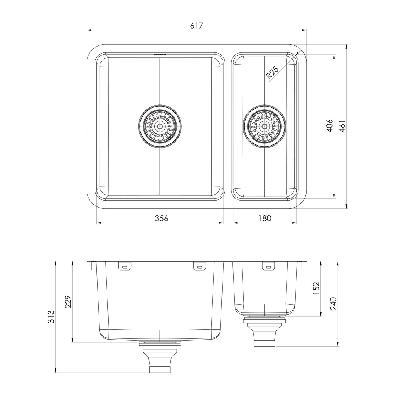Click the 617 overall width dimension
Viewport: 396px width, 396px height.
point(197,25)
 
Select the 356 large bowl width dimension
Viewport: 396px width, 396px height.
point(161,218)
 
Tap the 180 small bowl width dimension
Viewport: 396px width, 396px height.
point(264,218)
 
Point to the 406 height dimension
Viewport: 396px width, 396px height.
point(329,126)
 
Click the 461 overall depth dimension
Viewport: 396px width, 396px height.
point(342,126)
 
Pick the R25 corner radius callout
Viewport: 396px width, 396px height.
point(272,72)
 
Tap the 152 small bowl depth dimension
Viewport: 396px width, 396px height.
point(316,288)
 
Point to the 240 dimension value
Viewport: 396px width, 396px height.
point(333,304)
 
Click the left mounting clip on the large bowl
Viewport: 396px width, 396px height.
point(125,267)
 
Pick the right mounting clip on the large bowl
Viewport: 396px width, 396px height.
point(199,267)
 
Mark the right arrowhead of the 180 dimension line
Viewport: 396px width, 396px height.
point(295,223)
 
